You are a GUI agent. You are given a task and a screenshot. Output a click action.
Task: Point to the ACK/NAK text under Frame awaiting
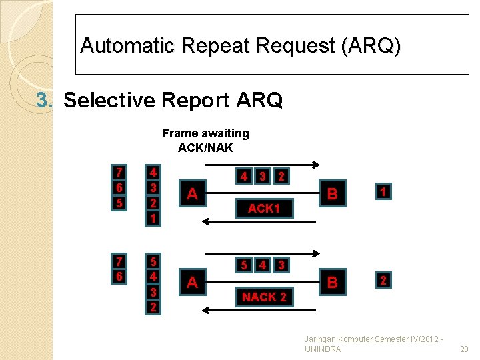(x=205, y=147)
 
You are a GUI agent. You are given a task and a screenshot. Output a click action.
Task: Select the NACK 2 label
(x=264, y=297)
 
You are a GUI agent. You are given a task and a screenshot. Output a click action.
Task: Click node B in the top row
(x=332, y=194)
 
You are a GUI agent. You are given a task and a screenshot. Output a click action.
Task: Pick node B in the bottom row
(x=332, y=283)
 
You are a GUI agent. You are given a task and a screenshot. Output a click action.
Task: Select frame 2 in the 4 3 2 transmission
(x=282, y=177)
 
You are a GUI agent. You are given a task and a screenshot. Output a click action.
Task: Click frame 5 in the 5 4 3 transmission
(x=245, y=265)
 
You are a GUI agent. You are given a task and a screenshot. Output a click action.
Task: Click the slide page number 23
(x=465, y=349)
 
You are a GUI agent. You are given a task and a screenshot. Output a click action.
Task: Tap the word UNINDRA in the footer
(x=323, y=349)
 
